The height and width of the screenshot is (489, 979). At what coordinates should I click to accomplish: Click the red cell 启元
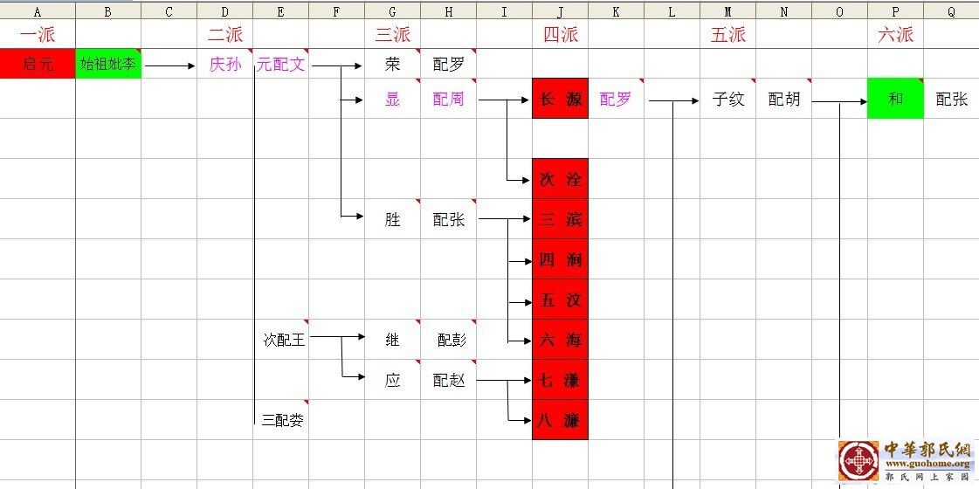[x=38, y=64]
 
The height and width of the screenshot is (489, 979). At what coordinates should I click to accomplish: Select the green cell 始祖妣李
[x=108, y=64]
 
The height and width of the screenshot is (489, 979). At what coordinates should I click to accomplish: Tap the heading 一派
[x=38, y=35]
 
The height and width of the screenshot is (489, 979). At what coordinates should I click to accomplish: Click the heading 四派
[x=561, y=35]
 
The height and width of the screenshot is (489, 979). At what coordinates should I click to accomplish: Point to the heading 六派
[x=896, y=35]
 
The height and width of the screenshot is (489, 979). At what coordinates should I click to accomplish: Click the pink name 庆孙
[x=224, y=64]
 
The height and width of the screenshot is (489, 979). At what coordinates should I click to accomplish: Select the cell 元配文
[x=280, y=64]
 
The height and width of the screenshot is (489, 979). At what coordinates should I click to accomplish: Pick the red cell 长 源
[x=561, y=100]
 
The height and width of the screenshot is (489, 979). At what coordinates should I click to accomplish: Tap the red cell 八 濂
[x=561, y=421]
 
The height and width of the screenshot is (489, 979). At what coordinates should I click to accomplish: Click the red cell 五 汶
[x=561, y=300]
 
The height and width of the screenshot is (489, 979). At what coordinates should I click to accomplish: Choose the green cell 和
[x=895, y=99]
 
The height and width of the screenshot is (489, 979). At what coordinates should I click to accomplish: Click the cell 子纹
[x=728, y=100]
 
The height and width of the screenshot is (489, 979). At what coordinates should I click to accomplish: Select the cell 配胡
[x=783, y=100]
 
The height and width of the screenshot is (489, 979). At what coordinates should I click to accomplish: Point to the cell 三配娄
[x=283, y=421]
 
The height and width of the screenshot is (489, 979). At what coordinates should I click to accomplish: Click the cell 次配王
[x=285, y=340]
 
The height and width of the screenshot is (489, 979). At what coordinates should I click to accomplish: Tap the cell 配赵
[x=449, y=381]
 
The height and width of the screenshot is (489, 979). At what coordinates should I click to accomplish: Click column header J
[x=560, y=12]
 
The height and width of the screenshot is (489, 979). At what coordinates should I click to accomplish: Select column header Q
[x=951, y=12]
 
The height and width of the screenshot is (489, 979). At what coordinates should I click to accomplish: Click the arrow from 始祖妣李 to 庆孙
[x=170, y=65]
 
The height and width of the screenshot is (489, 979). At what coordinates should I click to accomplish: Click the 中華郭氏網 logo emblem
[x=859, y=460]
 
